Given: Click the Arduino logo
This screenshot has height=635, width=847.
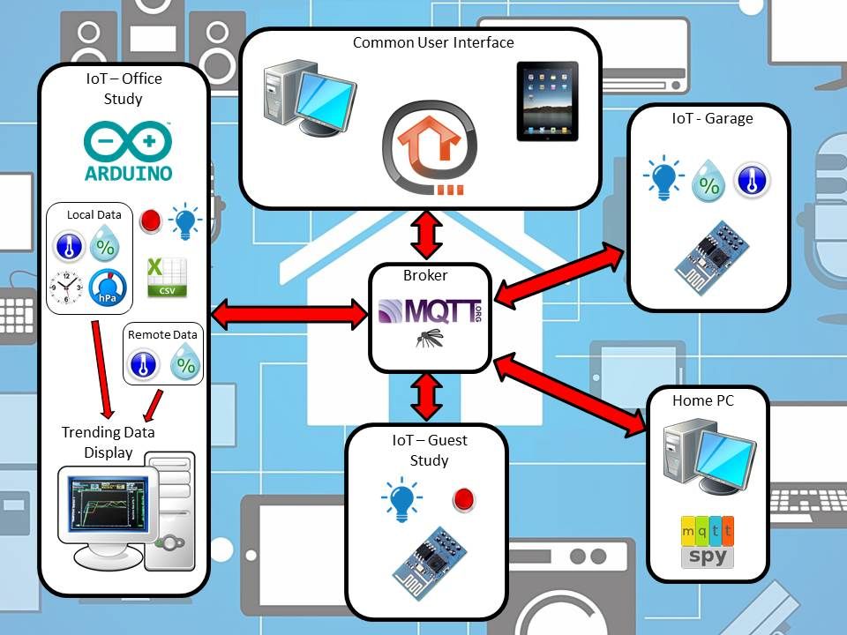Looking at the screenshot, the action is pyautogui.click(x=129, y=151).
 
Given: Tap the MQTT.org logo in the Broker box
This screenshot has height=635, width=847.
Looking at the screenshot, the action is pyautogui.click(x=430, y=311).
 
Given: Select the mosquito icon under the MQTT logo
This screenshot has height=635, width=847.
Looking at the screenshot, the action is pyautogui.click(x=430, y=339).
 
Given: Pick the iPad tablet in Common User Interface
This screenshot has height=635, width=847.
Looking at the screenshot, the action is pyautogui.click(x=547, y=101).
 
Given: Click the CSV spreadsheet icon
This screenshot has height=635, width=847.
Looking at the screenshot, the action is pyautogui.click(x=167, y=277).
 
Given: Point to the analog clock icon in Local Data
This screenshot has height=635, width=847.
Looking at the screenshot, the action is pyautogui.click(x=66, y=288).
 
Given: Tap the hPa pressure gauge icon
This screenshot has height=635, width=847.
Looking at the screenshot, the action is pyautogui.click(x=108, y=288).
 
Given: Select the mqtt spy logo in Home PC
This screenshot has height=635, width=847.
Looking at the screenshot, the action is pyautogui.click(x=708, y=542).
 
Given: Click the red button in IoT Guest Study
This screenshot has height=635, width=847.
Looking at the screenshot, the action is pyautogui.click(x=463, y=499).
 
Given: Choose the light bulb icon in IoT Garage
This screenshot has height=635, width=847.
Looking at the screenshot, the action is pyautogui.click(x=663, y=177).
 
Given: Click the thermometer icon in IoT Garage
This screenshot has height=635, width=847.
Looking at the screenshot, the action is pyautogui.click(x=752, y=180).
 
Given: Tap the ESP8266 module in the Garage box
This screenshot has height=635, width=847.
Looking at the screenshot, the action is pyautogui.click(x=712, y=257).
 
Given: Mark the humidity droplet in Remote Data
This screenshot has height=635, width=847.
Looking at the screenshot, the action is pyautogui.click(x=186, y=362).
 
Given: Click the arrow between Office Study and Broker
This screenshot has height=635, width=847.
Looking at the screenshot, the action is pyautogui.click(x=289, y=314).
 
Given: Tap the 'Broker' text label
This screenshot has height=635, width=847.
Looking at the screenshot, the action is pyautogui.click(x=425, y=275).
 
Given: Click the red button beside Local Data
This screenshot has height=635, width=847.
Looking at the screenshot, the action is pyautogui.click(x=150, y=220).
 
